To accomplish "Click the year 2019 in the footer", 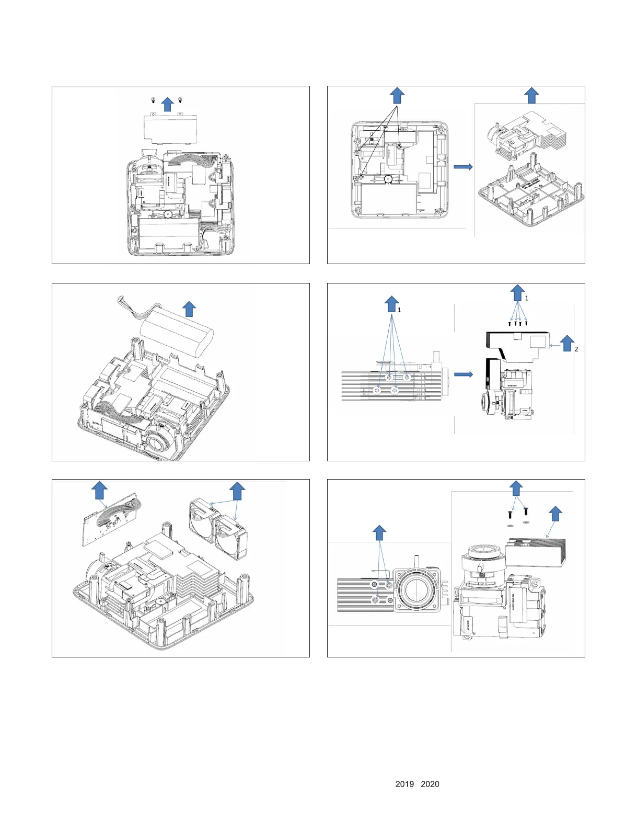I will coord(404,784).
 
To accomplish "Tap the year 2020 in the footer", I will coord(430,784).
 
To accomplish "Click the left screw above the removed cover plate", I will coord(153,100).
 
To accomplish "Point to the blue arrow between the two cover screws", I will coord(167,104).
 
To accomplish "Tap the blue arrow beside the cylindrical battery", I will coord(189,309).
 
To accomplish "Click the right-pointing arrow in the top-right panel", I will coord(463,167).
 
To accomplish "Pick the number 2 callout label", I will coord(576,349).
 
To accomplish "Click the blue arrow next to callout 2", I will coord(567,343).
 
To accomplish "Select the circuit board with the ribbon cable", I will coord(111,519).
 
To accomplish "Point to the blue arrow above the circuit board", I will coord(99,491).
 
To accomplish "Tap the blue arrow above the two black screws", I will coord(516,488).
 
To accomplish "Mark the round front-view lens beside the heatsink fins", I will coord(416,590).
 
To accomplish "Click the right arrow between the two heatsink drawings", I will coord(464,374).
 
